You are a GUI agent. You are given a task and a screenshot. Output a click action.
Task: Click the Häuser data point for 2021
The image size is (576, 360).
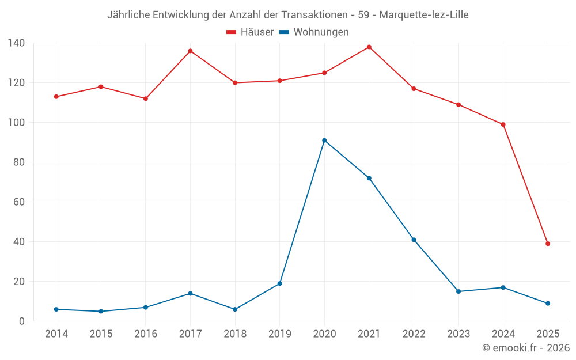tap(369, 47)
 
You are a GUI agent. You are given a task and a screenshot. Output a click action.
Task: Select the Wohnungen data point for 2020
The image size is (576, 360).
tap(324, 141)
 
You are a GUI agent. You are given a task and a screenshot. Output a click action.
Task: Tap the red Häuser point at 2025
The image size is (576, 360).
tap(548, 244)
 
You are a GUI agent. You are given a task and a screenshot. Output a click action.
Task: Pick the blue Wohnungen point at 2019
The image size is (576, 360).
tap(280, 283)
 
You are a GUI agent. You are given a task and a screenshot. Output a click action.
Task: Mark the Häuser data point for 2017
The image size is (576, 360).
tap(190, 51)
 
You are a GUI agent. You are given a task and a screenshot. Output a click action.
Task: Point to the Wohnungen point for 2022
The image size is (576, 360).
tap(414, 240)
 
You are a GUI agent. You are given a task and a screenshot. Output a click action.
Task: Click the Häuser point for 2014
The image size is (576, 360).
tap(56, 97)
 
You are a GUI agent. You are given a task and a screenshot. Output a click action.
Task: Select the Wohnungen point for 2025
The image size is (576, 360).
tap(548, 304)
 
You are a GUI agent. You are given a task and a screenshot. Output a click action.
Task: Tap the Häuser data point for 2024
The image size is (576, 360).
tap(503, 124)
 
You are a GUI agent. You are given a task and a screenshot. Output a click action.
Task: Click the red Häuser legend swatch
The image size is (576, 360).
tap(232, 32)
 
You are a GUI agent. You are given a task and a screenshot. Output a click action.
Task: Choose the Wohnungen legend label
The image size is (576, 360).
tap(321, 32)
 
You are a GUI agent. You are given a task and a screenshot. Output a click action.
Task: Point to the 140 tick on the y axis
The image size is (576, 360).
tap(16, 43)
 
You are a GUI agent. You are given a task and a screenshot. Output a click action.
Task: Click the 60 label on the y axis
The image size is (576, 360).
tap(19, 202)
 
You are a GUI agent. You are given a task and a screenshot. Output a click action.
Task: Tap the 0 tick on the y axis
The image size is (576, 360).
tap(22, 321)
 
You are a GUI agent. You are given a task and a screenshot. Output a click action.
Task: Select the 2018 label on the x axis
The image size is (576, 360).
tap(235, 334)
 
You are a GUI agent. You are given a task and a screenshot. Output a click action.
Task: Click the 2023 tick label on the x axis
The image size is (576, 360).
tap(458, 334)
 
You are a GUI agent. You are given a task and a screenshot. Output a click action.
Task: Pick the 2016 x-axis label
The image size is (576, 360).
tap(146, 334)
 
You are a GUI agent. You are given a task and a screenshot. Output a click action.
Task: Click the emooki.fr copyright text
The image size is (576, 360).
tap(526, 348)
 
